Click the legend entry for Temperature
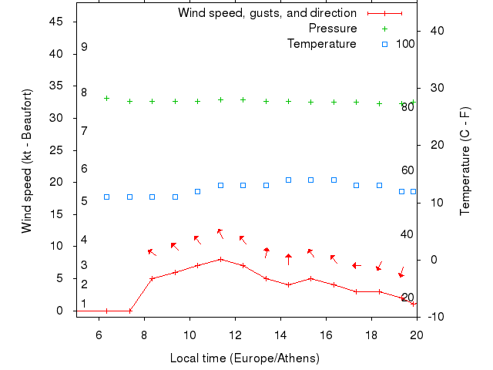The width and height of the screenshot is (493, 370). click(322, 43)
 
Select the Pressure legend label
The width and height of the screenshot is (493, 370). click(333, 29)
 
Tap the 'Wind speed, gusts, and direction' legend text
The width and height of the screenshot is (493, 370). click(267, 13)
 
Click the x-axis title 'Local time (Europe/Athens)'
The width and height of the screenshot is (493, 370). click(244, 358)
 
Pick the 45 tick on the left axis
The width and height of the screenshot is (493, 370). click(56, 22)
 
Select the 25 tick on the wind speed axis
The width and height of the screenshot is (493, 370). click(56, 150)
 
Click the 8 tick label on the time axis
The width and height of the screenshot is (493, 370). click(144, 334)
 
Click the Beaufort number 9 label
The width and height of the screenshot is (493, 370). click(84, 47)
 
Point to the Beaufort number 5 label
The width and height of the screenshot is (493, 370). click(84, 200)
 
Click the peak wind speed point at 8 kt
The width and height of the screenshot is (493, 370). click(220, 259)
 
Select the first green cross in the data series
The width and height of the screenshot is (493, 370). click(106, 99)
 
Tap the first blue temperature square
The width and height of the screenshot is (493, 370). click(106, 197)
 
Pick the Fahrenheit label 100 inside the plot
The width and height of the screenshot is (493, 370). click(405, 43)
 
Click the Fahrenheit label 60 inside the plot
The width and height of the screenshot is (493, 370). click(408, 170)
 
